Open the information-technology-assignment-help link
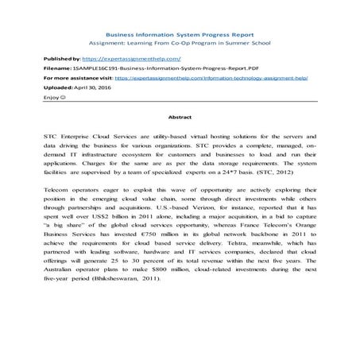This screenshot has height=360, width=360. [223, 80]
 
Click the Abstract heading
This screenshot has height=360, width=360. [180, 116]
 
